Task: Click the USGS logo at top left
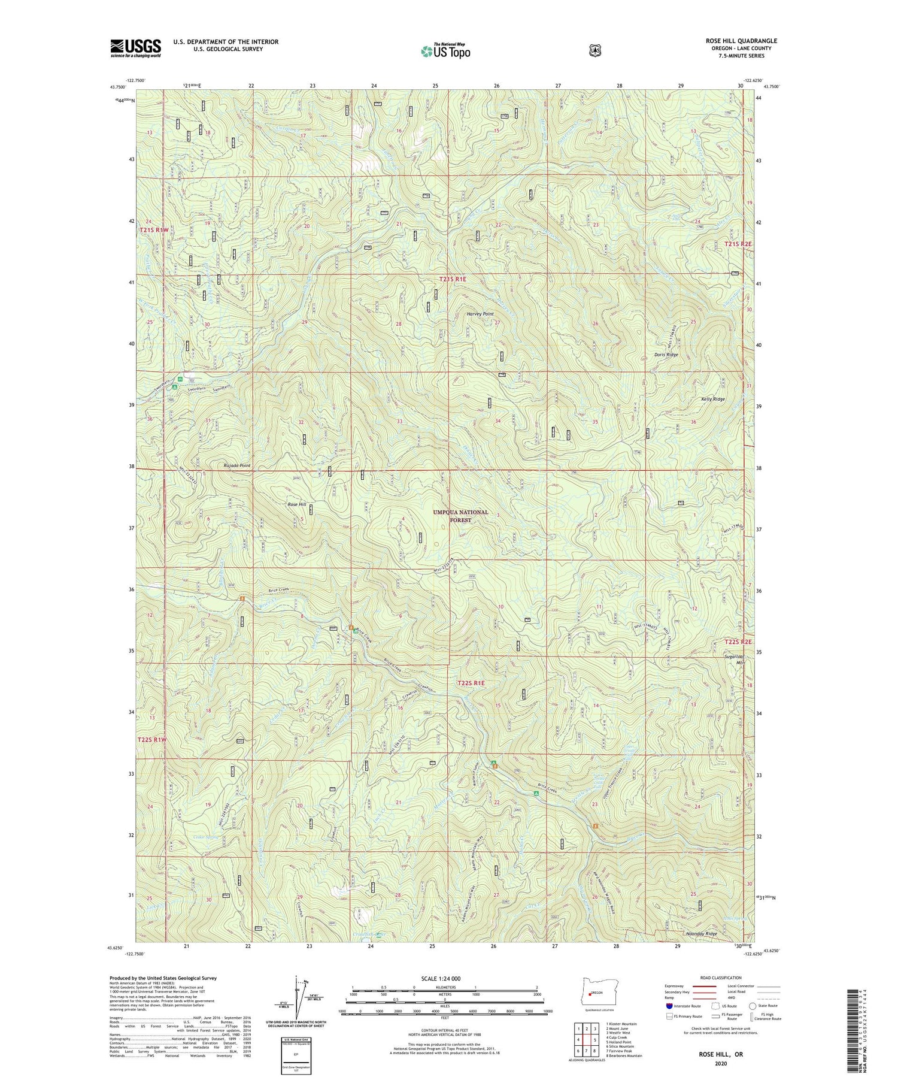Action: (135, 48)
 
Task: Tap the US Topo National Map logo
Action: (445, 50)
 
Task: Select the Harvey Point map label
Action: (480, 314)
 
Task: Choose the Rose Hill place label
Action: (297, 505)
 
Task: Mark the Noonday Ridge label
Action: (701, 951)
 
